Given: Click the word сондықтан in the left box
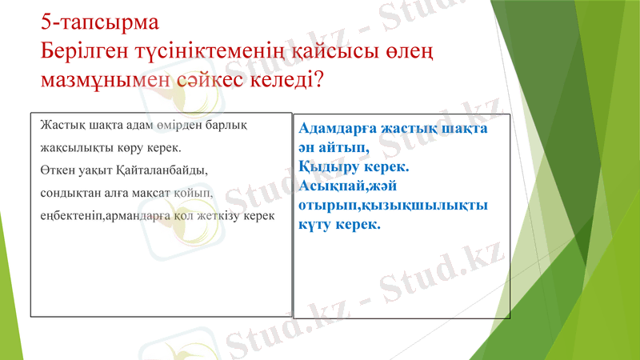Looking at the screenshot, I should (69, 193).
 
